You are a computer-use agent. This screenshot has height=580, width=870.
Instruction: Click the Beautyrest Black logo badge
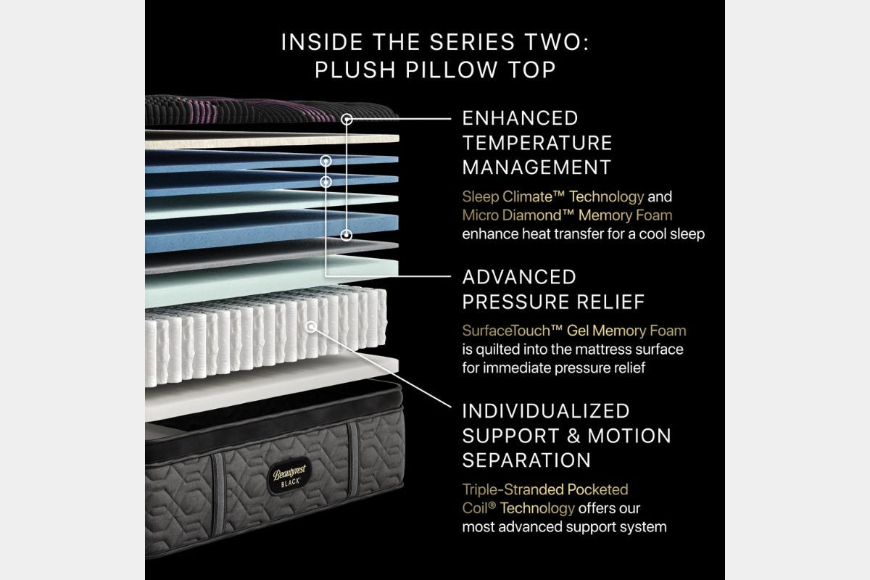tap(289, 476)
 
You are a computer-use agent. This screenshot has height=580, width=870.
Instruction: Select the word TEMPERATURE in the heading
tap(537, 143)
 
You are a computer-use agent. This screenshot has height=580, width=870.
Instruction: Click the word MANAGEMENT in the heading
tap(536, 167)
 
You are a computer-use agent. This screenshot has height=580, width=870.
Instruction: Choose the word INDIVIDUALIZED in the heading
tap(546, 411)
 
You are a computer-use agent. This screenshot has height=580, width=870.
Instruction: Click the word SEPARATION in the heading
tap(526, 460)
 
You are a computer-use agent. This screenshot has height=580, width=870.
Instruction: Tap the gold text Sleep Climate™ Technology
tap(553, 197)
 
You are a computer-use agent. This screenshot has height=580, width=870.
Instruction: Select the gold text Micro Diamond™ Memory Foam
tap(567, 215)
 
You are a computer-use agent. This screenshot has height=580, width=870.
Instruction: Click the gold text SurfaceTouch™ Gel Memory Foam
tap(574, 331)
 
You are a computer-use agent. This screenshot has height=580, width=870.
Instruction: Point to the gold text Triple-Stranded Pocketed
tap(545, 489)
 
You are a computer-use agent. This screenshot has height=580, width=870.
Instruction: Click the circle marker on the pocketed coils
tap(311, 327)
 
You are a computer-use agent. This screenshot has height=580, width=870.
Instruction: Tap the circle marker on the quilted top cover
tap(347, 120)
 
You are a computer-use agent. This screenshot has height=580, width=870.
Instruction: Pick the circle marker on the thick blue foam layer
tap(347, 235)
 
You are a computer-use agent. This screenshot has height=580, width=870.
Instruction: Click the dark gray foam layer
tap(272, 255)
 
